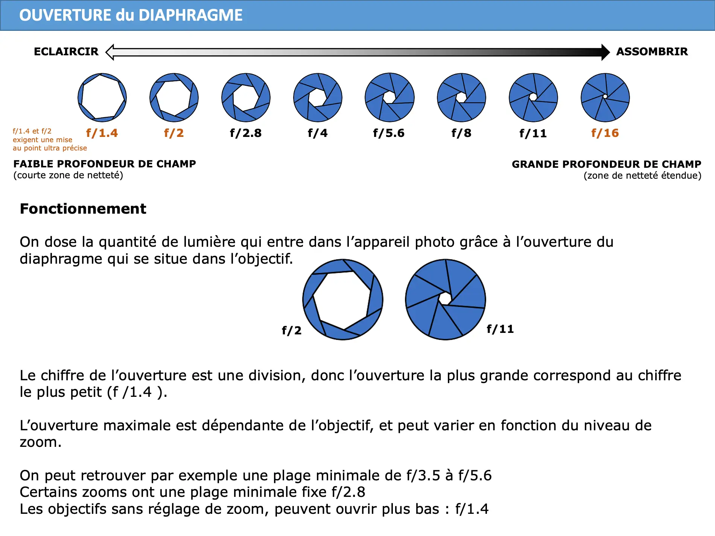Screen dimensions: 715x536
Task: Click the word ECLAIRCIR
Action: [x=66, y=52]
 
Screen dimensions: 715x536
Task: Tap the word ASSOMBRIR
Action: [x=652, y=52]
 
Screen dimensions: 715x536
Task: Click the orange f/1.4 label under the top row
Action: [x=102, y=133]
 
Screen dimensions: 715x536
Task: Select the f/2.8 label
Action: [x=245, y=133]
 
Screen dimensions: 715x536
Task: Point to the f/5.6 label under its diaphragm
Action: [x=389, y=133]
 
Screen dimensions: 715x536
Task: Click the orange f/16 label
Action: [x=605, y=133]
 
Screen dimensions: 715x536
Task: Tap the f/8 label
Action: [x=461, y=133]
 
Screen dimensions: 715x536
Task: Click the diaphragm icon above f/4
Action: [x=318, y=97]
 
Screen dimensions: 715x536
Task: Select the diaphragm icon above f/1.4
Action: [x=102, y=97]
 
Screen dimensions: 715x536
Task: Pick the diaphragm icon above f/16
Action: [x=605, y=97]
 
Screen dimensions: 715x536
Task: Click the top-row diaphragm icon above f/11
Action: [x=533, y=97]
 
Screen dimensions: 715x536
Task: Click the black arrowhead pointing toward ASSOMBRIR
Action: [x=605, y=52]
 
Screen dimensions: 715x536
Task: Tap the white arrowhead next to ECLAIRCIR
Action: [x=110, y=52]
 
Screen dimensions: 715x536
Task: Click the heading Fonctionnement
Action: [x=83, y=209]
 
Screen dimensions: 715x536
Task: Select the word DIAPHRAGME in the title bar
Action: [x=190, y=15]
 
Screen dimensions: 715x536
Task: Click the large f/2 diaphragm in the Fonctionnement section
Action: [x=343, y=299]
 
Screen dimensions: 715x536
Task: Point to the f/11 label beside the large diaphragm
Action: [x=500, y=329]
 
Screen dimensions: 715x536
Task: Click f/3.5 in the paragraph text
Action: [x=423, y=476]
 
